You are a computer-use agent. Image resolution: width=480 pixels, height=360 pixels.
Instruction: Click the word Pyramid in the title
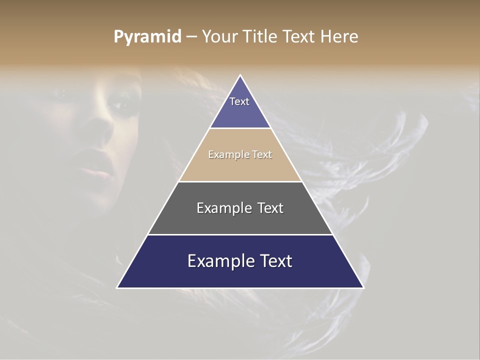tap(147, 37)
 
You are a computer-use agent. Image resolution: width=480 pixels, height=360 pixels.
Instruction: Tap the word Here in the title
tap(339, 37)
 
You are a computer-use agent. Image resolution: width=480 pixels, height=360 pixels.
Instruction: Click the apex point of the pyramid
tap(240, 75)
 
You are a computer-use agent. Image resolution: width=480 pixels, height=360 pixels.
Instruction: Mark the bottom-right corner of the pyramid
tap(363, 287)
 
